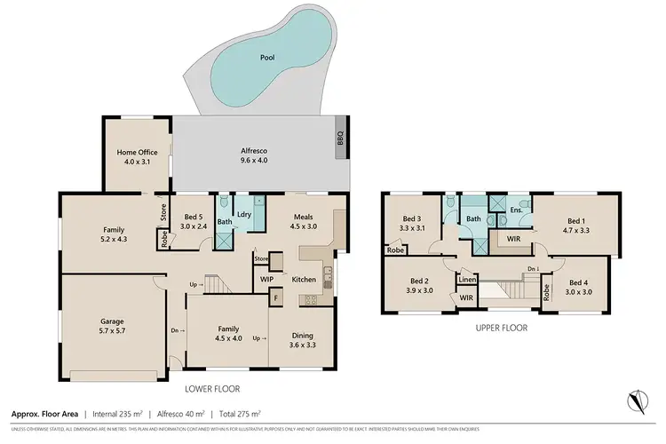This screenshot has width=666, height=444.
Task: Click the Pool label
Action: [x=267, y=57]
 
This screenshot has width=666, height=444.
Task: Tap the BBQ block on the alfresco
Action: [x=339, y=139]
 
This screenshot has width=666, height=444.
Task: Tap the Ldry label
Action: [x=244, y=214]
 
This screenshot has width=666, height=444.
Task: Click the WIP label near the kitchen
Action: [x=266, y=280]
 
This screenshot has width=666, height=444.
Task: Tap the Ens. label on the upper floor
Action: [x=515, y=210]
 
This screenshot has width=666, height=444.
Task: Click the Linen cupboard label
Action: [x=467, y=280]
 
